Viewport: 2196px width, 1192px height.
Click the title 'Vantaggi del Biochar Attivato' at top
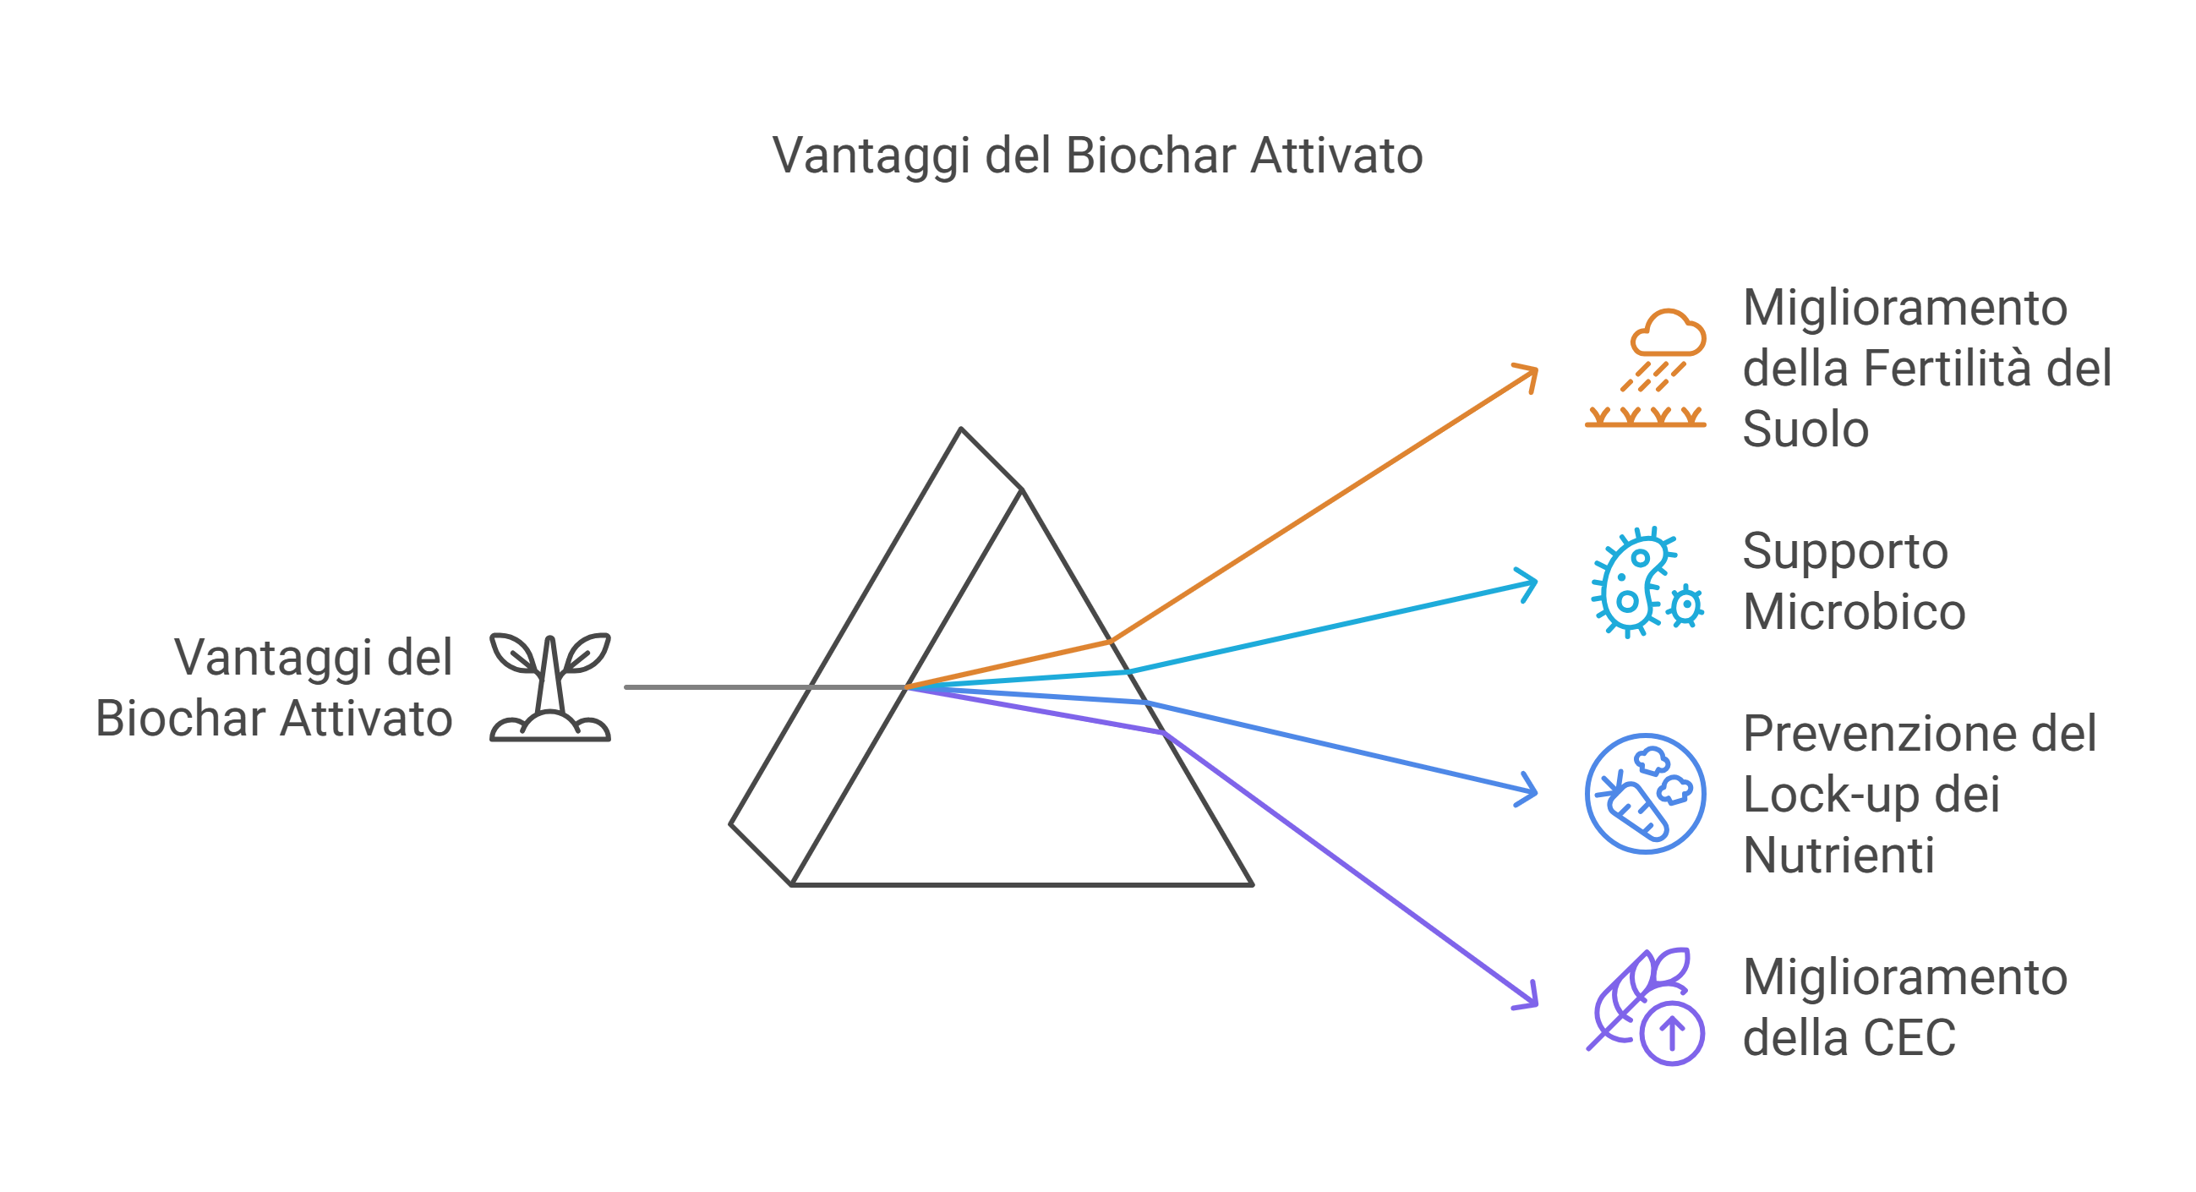pyautogui.click(x=1097, y=156)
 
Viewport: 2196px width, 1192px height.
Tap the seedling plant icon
pyautogui.click(x=550, y=687)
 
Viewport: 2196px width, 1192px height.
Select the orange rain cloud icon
pyautogui.click(x=1645, y=368)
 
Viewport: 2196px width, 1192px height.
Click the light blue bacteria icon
pyautogui.click(x=1647, y=582)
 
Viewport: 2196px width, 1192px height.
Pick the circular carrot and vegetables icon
pyautogui.click(x=1645, y=794)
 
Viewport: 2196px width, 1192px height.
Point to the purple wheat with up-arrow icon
pyautogui.click(x=1645, y=1007)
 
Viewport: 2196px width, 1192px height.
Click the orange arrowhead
pyautogui.click(x=1527, y=375)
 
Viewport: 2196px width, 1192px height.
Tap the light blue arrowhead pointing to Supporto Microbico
pyautogui.click(x=1527, y=585)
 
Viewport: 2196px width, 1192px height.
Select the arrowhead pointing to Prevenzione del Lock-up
pyautogui.click(x=1527, y=790)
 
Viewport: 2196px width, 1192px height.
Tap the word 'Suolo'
pyautogui.click(x=1805, y=429)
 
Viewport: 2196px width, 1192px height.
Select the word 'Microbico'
pyautogui.click(x=1855, y=612)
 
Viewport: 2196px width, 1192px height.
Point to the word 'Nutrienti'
pyautogui.click(x=1838, y=856)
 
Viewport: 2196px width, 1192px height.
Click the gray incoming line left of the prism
pyautogui.click(x=766, y=687)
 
